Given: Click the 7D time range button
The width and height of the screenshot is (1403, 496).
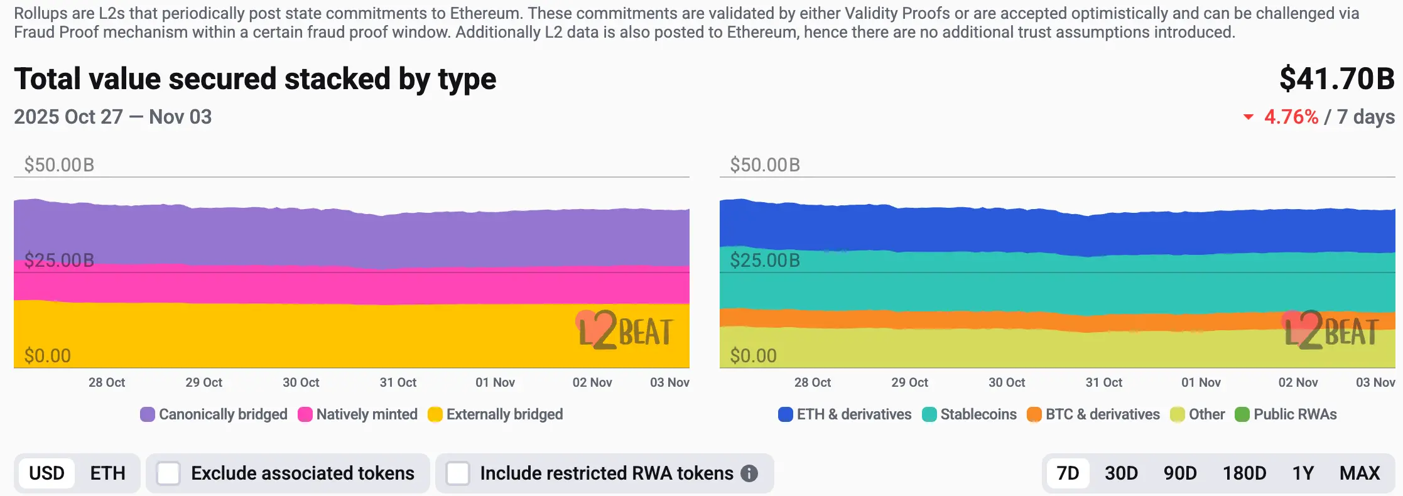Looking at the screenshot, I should coord(1068,473).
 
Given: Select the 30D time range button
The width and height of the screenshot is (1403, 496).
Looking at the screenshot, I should coord(1121,473).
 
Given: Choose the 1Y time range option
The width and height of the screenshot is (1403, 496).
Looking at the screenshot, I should coord(1303,473).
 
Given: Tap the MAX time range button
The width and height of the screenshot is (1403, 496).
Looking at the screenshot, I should coord(1360,473).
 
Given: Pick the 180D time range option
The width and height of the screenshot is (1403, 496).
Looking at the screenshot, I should coord(1244,473).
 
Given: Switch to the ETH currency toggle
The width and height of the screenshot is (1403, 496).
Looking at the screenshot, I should coord(107,473).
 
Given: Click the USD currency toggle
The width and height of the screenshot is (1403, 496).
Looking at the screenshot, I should coord(47,473).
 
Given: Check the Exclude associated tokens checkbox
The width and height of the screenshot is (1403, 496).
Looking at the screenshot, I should coord(168,473).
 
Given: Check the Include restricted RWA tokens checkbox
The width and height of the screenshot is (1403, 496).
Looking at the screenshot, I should coord(458,473).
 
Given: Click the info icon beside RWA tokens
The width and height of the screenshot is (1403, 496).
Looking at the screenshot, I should coord(749,473).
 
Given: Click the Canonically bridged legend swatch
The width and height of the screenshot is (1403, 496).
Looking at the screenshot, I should coord(148,414).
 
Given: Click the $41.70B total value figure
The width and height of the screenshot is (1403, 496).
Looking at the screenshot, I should coord(1336,79).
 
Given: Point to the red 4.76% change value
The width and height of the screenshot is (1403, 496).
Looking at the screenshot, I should coord(1291,117).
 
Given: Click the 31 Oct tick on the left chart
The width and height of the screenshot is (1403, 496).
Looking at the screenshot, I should coord(398,382).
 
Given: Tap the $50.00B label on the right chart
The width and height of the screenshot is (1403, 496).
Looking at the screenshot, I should coord(765,165).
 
